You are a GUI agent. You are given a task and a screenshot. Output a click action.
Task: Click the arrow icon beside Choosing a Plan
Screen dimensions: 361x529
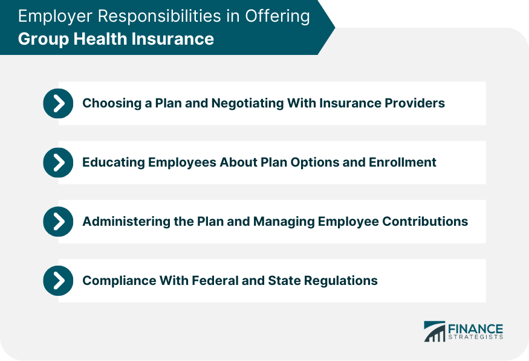[58, 103]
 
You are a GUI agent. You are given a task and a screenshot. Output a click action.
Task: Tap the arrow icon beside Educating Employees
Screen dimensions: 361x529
[58, 162]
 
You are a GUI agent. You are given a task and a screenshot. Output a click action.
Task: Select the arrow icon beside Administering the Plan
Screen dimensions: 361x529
[58, 222]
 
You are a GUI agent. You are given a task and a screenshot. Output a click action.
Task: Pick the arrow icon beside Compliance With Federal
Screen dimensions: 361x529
[58, 281]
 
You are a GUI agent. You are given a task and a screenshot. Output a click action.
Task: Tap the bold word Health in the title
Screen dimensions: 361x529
[89, 39]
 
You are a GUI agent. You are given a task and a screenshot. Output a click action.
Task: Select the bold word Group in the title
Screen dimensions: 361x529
[37, 39]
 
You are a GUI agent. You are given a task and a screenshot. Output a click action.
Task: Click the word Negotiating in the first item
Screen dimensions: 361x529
[248, 103]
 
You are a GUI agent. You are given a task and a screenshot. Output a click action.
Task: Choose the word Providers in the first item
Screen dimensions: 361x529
[415, 103]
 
